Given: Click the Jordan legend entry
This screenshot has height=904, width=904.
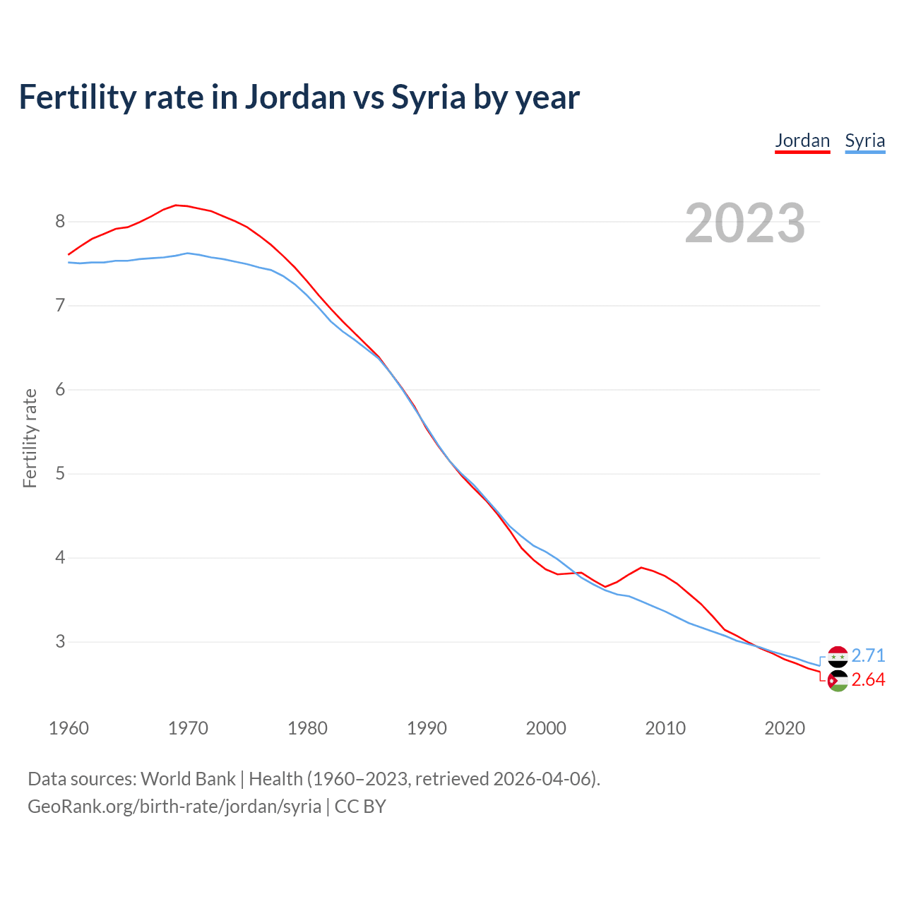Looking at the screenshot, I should click(x=802, y=141).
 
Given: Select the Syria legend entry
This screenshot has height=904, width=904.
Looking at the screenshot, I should click(x=864, y=141).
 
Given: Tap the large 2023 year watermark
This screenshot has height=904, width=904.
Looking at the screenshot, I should click(x=745, y=223).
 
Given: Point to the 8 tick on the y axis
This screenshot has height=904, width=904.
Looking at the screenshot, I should click(x=60, y=222).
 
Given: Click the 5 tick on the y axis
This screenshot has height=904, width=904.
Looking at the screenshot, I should click(x=60, y=473).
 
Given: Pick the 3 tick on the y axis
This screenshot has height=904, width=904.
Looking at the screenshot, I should click(x=60, y=641).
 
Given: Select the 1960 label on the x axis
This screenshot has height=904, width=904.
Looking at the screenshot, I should click(x=69, y=728).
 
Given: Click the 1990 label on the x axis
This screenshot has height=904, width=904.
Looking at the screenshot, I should click(x=427, y=728).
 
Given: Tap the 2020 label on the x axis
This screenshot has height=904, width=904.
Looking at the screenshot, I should click(x=785, y=728).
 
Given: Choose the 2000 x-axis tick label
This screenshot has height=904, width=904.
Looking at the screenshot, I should click(x=546, y=728).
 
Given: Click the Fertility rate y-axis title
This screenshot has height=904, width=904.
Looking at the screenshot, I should click(x=30, y=438).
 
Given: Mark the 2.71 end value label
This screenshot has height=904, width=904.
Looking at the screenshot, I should click(x=868, y=655).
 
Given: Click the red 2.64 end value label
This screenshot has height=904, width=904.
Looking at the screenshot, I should click(x=868, y=679).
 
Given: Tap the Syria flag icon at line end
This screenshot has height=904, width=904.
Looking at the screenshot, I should click(x=838, y=656).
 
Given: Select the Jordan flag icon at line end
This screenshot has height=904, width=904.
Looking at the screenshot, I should click(x=838, y=681).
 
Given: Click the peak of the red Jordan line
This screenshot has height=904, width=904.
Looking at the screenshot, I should click(x=177, y=205).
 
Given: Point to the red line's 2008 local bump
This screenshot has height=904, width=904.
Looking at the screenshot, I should click(x=641, y=567).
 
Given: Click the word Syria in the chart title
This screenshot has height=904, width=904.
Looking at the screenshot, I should click(x=428, y=97).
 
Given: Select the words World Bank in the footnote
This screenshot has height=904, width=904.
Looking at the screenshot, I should click(x=188, y=779).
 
